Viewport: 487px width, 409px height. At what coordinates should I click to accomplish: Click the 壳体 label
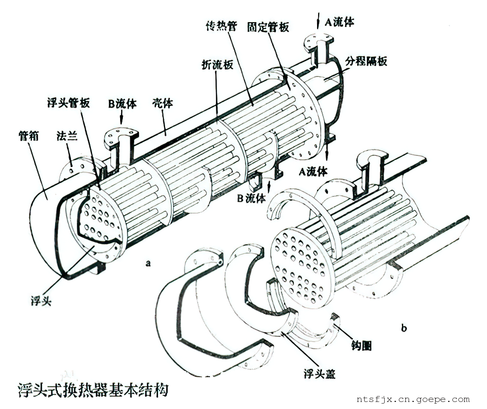(x=162, y=102)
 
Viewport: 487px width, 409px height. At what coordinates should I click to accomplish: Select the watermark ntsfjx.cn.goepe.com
(x=413, y=400)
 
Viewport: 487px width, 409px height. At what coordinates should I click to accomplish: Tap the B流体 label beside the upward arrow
(x=251, y=198)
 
